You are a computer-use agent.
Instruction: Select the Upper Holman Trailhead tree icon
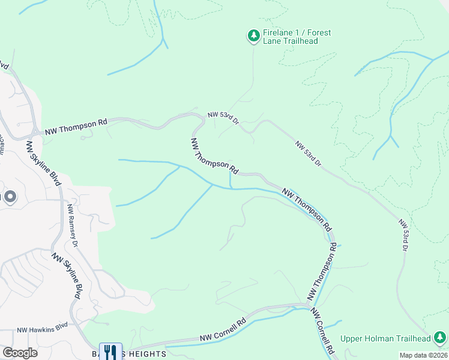coord(439,338)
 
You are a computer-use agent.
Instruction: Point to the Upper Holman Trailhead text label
coord(385,338)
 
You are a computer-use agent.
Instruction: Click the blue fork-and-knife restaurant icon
coord(110,351)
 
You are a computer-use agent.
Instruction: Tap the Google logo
coord(20,353)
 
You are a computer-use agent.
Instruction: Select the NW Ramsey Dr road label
coord(73,226)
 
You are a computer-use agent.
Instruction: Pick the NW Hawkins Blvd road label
coord(42,330)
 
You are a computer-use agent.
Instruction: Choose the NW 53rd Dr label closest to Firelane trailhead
coord(223,117)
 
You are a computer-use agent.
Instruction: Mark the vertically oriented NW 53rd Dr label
coord(404,235)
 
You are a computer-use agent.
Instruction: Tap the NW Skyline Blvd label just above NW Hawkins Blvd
coord(67,275)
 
